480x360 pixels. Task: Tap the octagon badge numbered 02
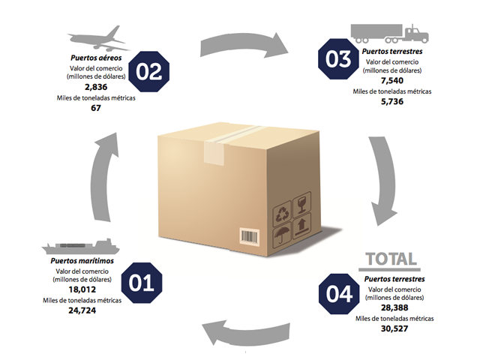(x=149, y=72)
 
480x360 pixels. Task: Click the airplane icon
(x=95, y=37)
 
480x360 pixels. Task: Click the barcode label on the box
(x=250, y=236)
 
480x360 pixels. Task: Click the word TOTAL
(x=390, y=260)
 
